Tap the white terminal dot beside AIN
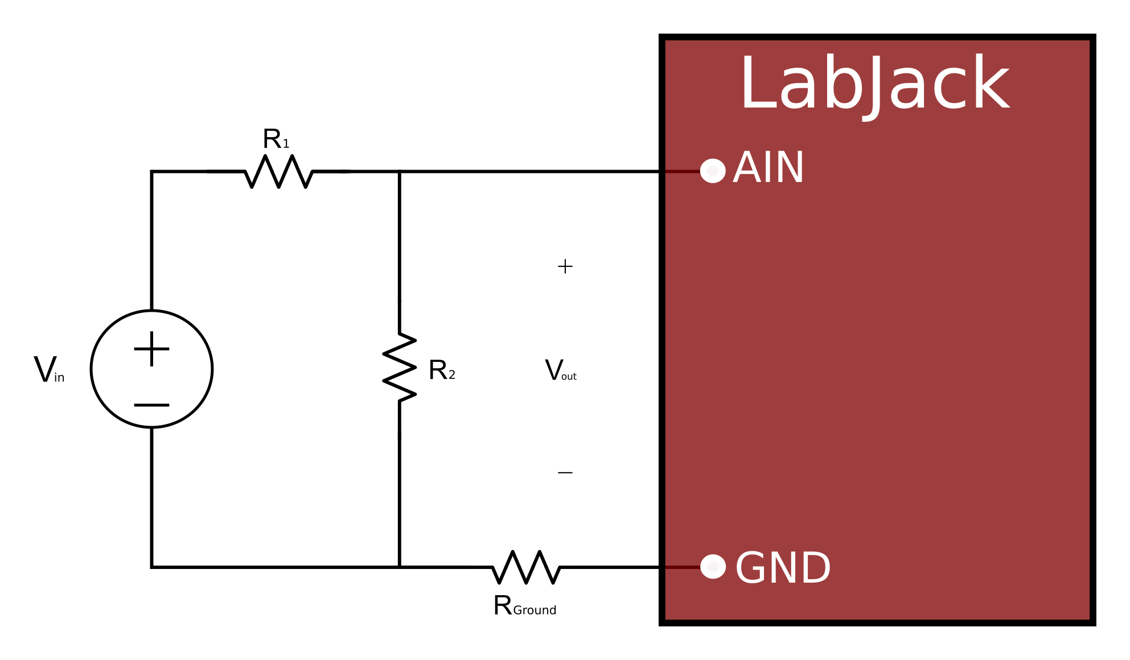(712, 171)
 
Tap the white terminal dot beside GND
(712, 567)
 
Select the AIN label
(769, 168)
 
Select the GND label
(783, 568)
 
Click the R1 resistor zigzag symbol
(279, 171)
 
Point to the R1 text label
(276, 139)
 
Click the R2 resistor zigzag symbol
(400, 368)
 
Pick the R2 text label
(441, 370)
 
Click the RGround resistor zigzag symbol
(526, 567)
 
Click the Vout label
(560, 371)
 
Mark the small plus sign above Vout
(565, 266)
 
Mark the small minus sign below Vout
(565, 473)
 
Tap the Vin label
(49, 370)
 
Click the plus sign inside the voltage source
(151, 349)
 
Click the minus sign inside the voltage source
(151, 405)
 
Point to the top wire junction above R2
(400, 171)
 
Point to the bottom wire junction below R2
(400, 567)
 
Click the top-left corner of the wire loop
(151, 171)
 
